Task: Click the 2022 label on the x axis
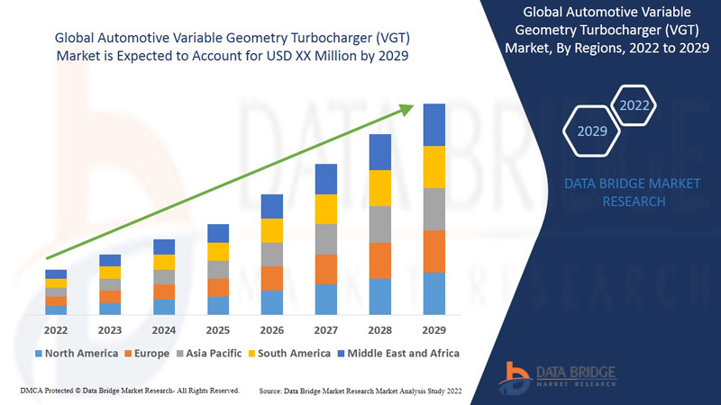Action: [56, 329]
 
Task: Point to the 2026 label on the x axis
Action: [272, 329]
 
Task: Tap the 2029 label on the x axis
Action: [434, 329]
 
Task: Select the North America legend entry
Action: [76, 353]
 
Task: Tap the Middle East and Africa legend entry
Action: [397, 353]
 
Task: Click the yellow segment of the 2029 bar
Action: [434, 166]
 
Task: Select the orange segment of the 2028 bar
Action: [380, 260]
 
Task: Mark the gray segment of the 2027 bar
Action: [326, 239]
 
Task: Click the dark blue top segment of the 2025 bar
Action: [218, 233]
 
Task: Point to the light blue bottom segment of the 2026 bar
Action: [272, 302]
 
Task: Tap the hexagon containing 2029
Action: [592, 131]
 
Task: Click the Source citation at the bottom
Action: [360, 391]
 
